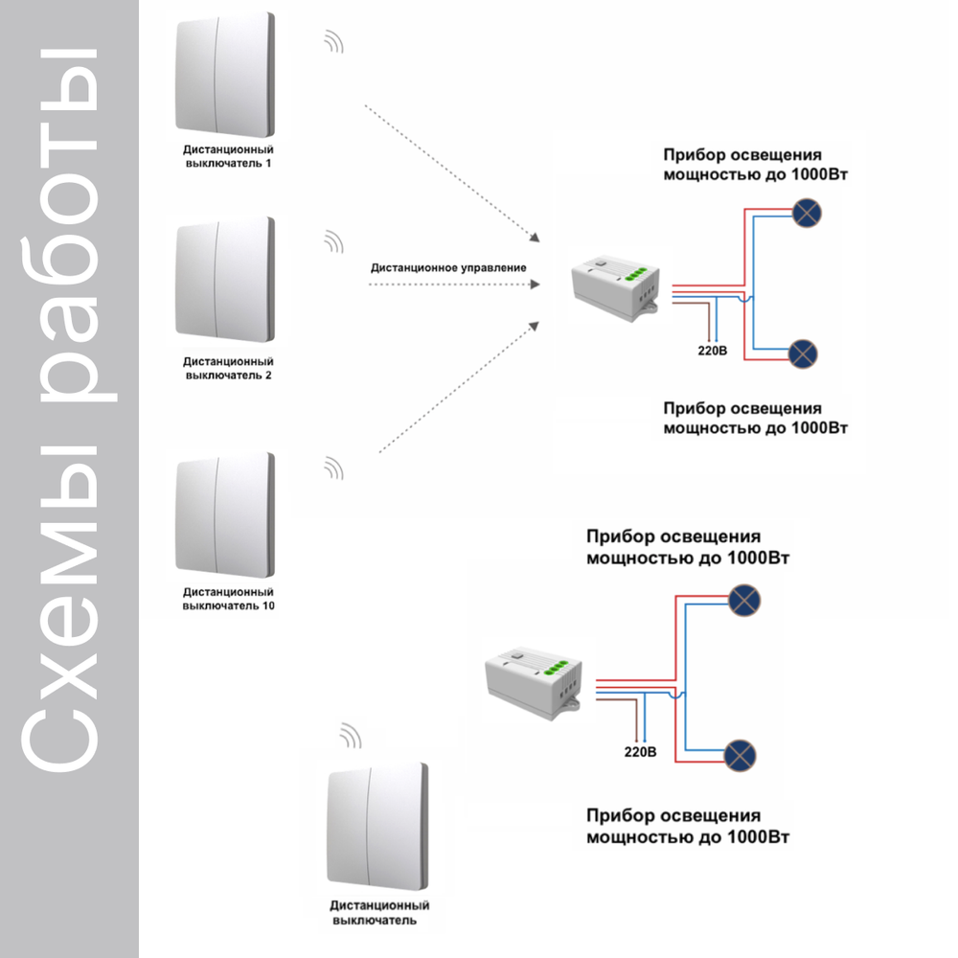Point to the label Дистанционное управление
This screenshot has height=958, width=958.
click(x=448, y=267)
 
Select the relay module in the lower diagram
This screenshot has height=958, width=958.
click(x=534, y=679)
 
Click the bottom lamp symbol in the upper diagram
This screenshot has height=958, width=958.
click(x=802, y=354)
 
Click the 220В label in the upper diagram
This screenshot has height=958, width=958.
click(x=712, y=352)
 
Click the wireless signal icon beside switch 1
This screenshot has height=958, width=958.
click(x=333, y=41)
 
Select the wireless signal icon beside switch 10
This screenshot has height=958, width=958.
click(x=333, y=468)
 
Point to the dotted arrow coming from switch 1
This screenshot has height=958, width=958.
click(x=450, y=171)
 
